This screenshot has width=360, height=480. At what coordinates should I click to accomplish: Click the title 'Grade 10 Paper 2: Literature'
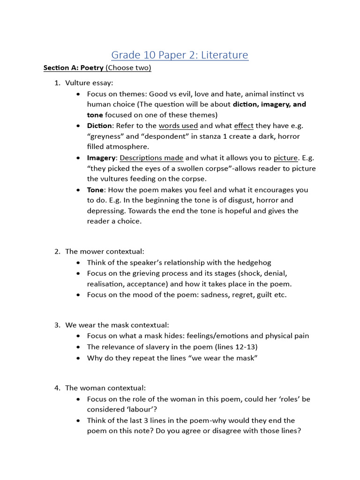tap(180, 55)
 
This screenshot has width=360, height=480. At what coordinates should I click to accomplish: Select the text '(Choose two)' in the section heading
tap(128, 68)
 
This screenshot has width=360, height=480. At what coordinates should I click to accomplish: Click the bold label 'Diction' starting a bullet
tap(99, 126)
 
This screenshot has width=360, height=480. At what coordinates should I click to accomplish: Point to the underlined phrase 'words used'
tap(178, 126)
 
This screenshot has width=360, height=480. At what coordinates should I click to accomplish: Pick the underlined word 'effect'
tap(243, 126)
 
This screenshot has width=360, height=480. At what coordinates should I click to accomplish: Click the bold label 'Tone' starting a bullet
tap(95, 190)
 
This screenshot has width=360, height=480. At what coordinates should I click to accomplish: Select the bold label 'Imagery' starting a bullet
tap(101, 158)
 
